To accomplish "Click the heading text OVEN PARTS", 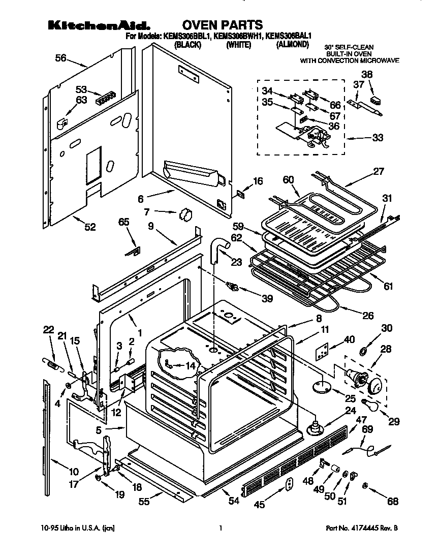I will (222, 24).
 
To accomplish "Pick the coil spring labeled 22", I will (49, 363).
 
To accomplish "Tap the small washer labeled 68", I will (365, 487).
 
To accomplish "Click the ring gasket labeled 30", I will (364, 351).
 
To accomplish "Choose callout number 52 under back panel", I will (89, 227).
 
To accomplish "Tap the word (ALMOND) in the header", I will (292, 45).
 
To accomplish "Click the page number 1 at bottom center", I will (220, 529).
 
